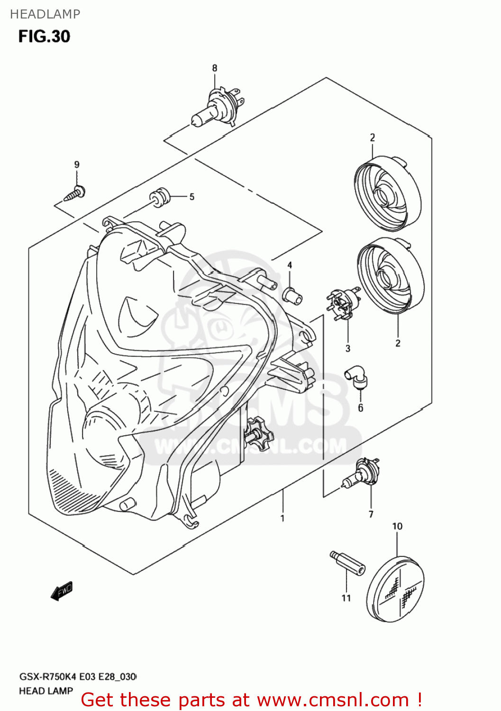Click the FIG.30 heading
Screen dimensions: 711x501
click(x=44, y=36)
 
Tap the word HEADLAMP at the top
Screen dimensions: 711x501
click(x=45, y=14)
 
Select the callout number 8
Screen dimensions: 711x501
click(x=214, y=68)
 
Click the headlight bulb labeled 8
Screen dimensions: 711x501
click(x=217, y=108)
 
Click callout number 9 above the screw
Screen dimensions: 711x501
click(x=77, y=164)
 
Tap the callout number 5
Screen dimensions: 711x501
click(x=191, y=197)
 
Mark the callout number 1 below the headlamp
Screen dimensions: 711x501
click(x=282, y=518)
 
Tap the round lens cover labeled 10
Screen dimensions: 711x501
click(x=396, y=589)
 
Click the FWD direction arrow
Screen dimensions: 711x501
click(x=62, y=591)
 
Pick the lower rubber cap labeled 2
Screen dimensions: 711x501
click(x=391, y=275)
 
